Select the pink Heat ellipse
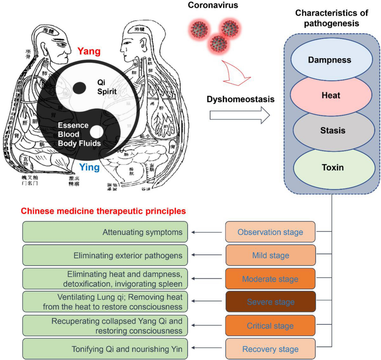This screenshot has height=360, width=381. point(331,95)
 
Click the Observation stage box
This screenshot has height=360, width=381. point(270,232)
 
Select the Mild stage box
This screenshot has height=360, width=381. point(271,255)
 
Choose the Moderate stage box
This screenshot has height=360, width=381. point(271,279)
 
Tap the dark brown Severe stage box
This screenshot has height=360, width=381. point(271,302)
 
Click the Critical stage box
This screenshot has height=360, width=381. point(271,325)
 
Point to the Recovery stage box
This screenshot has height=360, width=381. point(271,349)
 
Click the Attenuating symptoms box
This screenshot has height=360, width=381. point(105,232)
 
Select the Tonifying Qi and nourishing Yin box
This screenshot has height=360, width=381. point(105,349)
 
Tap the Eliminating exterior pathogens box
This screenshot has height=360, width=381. point(105,255)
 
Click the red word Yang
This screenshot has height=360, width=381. point(89,51)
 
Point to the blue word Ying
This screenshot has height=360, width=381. point(89,167)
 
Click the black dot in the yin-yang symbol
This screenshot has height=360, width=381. point(79,88)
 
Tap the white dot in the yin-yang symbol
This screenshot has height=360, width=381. point(97,131)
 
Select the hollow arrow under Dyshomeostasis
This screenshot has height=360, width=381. point(240,115)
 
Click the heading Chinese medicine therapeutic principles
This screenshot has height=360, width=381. point(103,211)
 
